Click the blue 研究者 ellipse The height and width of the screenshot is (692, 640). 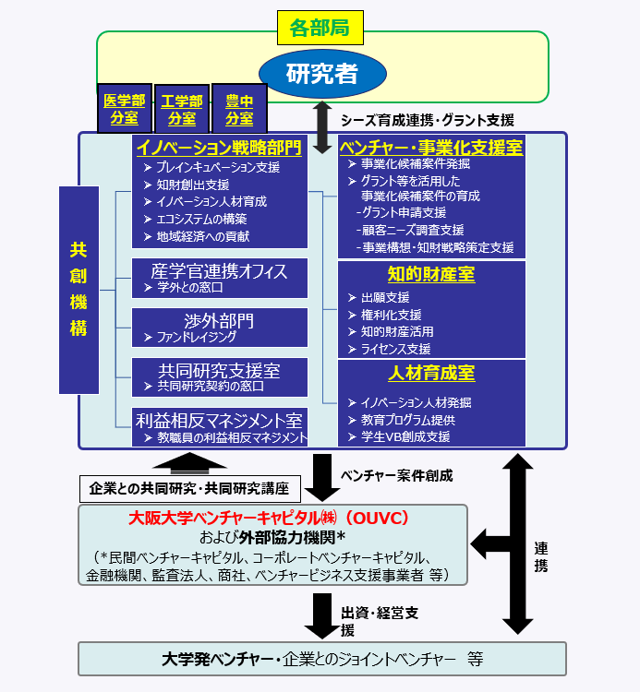click(x=321, y=74)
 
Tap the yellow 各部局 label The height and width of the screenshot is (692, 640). click(x=320, y=28)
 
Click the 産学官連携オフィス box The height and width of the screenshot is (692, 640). click(x=220, y=277)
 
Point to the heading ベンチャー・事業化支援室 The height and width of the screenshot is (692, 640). click(x=431, y=147)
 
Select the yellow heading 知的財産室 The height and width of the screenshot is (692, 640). click(x=431, y=273)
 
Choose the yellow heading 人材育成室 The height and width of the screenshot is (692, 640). click(x=431, y=373)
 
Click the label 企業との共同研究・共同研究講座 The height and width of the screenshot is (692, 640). click(x=189, y=487)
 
